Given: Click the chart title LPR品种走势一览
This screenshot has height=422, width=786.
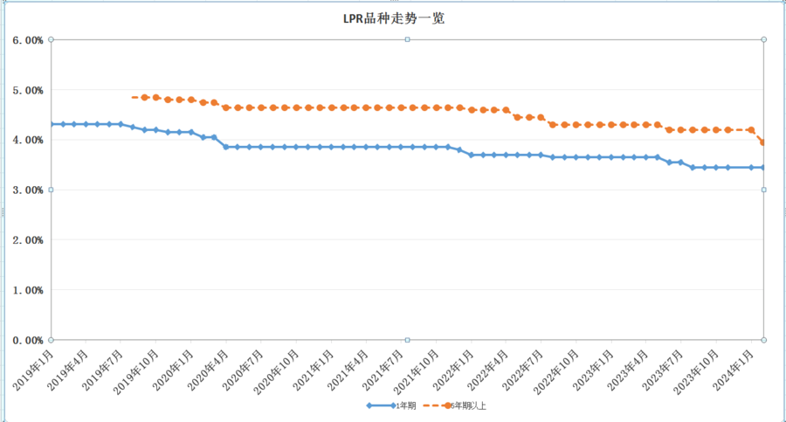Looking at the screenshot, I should (x=394, y=18).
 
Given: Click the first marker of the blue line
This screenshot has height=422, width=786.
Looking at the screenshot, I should (x=52, y=124).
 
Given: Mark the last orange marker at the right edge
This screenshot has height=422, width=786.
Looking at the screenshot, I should (x=762, y=142).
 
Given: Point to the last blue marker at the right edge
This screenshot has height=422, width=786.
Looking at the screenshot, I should (x=762, y=168).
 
